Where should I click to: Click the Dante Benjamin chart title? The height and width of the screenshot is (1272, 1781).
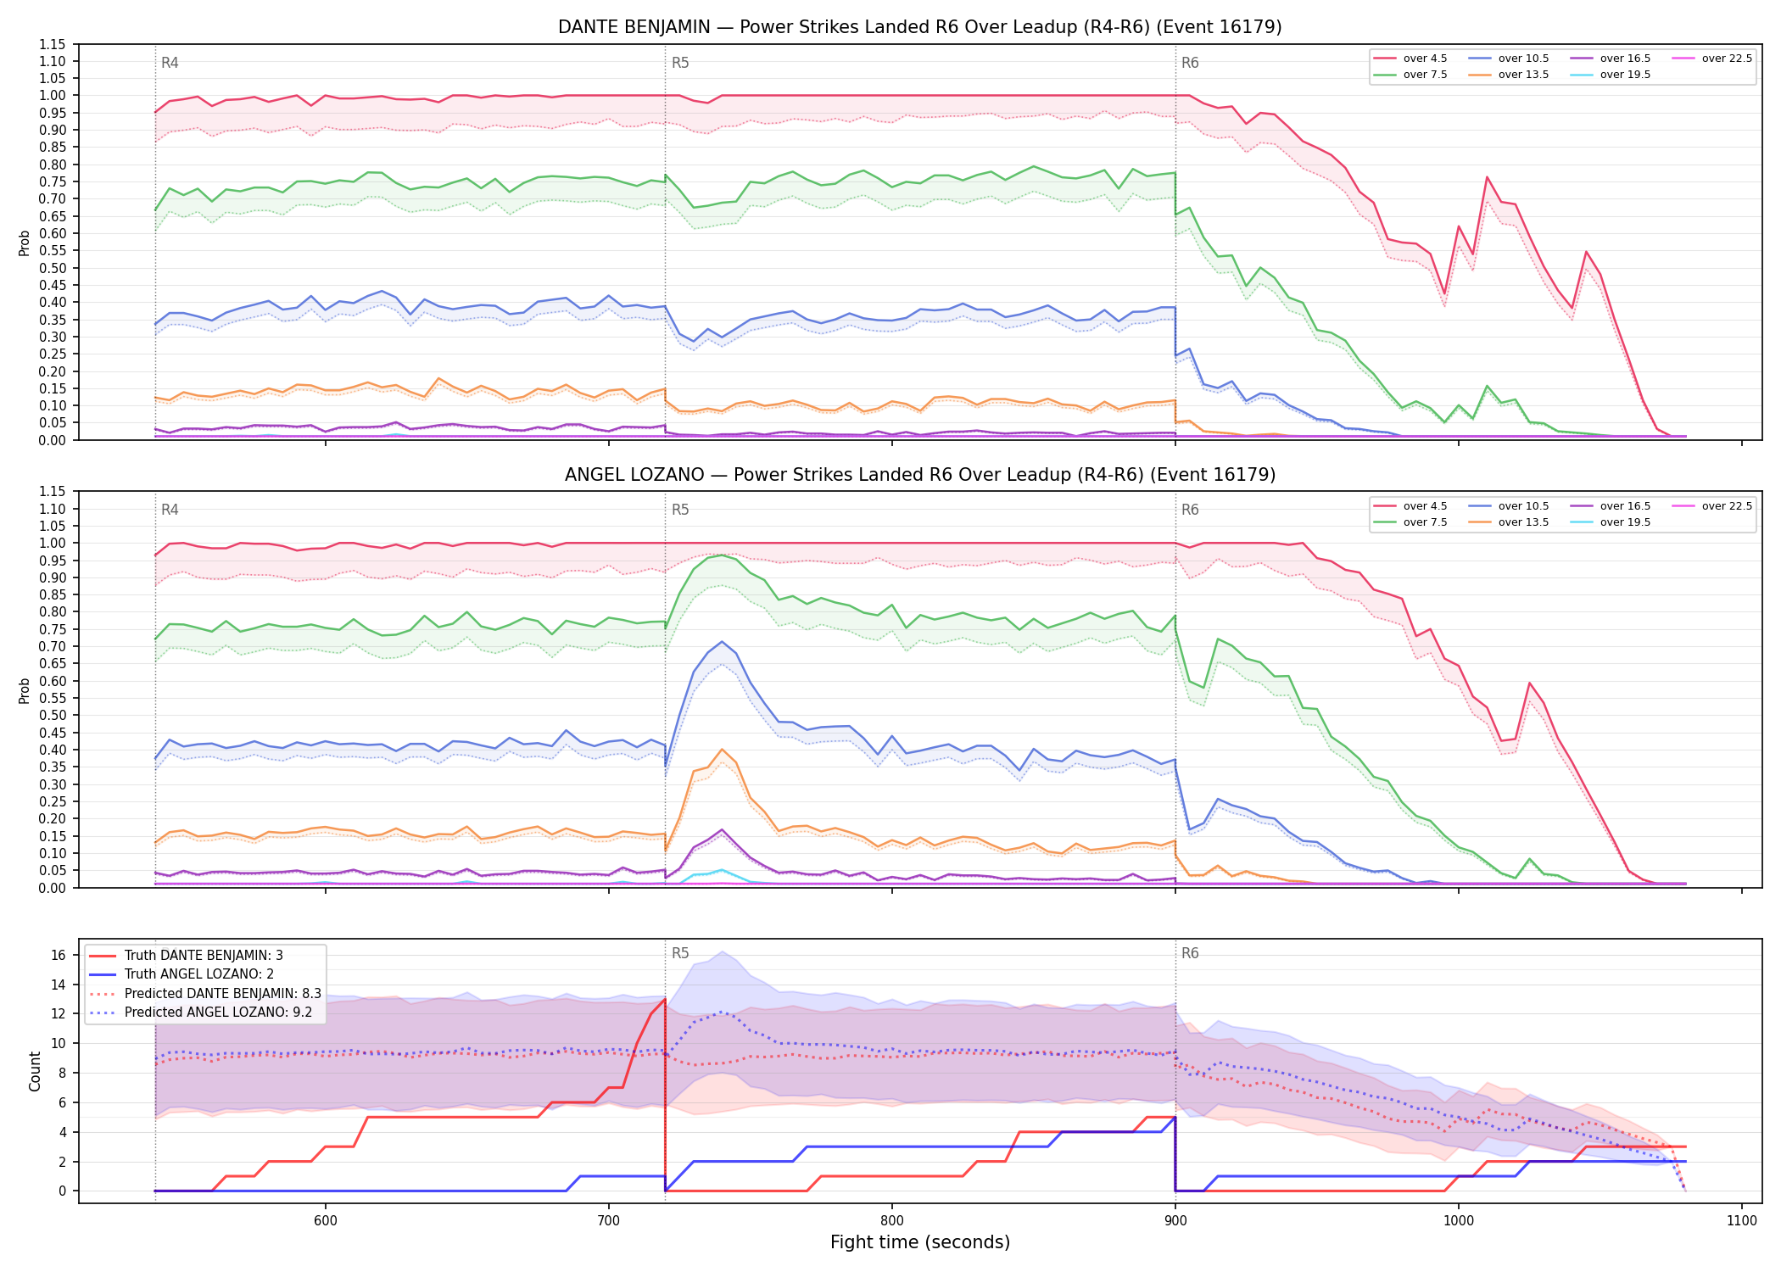(x=919, y=27)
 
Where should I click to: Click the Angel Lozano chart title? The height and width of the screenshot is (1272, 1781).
(x=919, y=475)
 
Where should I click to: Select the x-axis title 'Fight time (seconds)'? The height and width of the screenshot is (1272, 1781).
(x=920, y=1242)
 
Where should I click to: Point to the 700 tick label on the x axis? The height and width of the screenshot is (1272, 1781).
(x=608, y=1221)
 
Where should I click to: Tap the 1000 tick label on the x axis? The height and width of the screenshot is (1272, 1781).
(x=1458, y=1221)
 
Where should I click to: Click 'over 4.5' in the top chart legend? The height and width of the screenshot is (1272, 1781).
(x=1425, y=59)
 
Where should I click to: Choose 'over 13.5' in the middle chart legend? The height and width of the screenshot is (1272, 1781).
(x=1523, y=522)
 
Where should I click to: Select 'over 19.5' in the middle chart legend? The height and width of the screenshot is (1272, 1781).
(x=1625, y=522)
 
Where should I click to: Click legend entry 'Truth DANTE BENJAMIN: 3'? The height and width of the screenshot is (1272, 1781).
(x=204, y=956)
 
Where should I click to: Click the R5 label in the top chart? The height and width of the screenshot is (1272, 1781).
(x=680, y=63)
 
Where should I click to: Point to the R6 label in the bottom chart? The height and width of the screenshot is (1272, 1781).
(x=1190, y=953)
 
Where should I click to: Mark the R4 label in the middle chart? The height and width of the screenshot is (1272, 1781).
(x=170, y=510)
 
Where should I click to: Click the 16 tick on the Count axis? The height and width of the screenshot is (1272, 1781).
(x=59, y=955)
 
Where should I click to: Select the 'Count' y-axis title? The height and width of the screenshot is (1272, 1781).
(x=35, y=1071)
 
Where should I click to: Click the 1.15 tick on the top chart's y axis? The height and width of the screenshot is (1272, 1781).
(x=53, y=44)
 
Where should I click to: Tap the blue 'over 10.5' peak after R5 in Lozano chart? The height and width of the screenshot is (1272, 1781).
(x=722, y=641)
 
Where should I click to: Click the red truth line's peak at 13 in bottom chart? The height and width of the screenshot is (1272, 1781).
(x=664, y=1000)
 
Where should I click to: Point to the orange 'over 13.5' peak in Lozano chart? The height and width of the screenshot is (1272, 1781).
(x=722, y=750)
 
